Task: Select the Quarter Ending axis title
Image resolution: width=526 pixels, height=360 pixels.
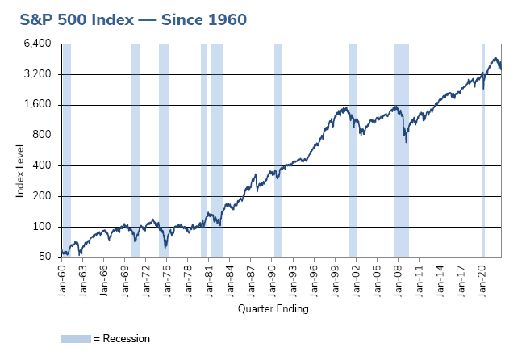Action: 273,308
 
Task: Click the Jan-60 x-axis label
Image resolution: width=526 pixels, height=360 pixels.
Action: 62,277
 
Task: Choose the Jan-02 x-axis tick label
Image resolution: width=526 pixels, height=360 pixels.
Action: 356,277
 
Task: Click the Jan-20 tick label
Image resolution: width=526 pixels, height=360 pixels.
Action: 482,277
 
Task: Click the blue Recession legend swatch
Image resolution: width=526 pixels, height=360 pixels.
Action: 76,339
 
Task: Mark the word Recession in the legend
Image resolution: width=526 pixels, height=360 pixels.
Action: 127,339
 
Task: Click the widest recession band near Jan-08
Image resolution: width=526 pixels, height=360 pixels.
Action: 401,150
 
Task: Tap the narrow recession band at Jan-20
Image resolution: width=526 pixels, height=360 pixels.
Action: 483,150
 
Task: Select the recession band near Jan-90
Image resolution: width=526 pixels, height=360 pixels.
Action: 278,150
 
